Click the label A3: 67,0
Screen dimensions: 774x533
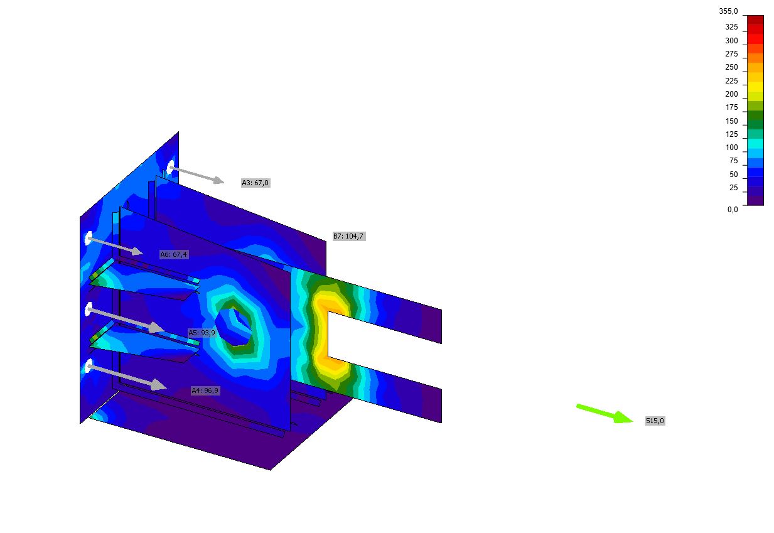[x=255, y=183]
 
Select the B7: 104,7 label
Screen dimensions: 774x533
[x=348, y=236]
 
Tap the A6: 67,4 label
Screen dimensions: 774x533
[x=174, y=254]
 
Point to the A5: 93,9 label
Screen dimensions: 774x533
[x=202, y=333]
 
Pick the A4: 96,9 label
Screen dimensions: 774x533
[x=205, y=390]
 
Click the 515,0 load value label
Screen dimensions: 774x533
[x=655, y=421]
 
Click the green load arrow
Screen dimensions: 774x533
[x=605, y=413]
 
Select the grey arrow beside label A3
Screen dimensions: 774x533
[x=197, y=175]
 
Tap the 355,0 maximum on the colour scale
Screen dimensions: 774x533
[x=728, y=11]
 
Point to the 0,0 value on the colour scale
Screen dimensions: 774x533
[x=733, y=209]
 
